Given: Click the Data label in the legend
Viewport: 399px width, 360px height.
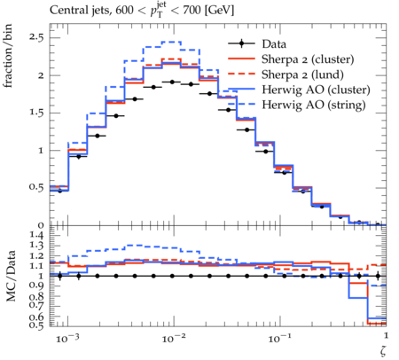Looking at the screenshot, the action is (274, 44).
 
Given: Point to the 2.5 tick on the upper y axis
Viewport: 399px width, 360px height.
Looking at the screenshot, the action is (36, 38).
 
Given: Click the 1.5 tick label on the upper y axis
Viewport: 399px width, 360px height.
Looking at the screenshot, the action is (36, 113).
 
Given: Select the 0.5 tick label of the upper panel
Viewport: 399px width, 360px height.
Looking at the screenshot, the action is (36, 188).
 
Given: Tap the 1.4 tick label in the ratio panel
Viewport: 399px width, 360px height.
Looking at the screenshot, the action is (36, 235).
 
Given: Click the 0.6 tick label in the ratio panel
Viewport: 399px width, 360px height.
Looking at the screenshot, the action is (36, 317).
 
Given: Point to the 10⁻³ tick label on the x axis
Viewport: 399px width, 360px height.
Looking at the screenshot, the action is (67, 338).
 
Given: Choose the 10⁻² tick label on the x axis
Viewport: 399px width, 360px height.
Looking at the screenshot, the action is (174, 338).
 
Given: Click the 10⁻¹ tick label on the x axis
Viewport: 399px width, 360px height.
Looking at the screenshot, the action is (279, 338).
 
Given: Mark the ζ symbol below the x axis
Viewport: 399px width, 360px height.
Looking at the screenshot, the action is (383, 350).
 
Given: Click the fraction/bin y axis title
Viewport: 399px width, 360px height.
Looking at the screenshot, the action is (8, 56).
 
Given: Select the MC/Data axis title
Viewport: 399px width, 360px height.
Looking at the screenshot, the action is (11, 276).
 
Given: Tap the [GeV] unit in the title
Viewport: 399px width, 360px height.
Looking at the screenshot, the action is (219, 11).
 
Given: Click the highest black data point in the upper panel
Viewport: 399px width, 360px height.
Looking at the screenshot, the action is (172, 82).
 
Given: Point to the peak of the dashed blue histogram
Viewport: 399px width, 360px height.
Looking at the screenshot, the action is (172, 42).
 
